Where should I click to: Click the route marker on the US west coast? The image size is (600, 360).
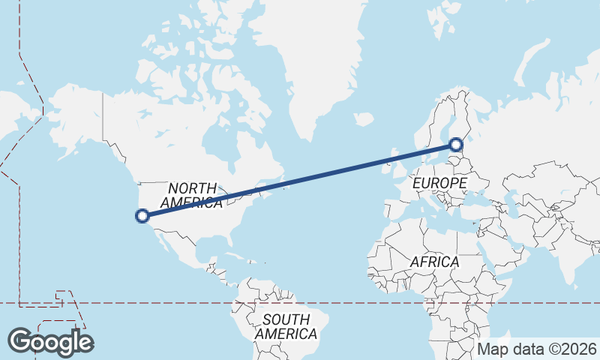tap(142, 216)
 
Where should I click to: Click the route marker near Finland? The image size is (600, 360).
tap(456, 144)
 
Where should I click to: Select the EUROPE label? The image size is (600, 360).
tap(439, 183)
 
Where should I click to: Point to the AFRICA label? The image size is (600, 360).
tap(434, 262)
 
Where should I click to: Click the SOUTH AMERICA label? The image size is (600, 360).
tap(285, 326)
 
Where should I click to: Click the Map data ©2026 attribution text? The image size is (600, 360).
tap(537, 349)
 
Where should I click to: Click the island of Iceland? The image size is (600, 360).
tap(363, 118)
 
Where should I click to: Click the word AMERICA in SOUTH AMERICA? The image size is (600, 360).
tap(285, 334)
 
